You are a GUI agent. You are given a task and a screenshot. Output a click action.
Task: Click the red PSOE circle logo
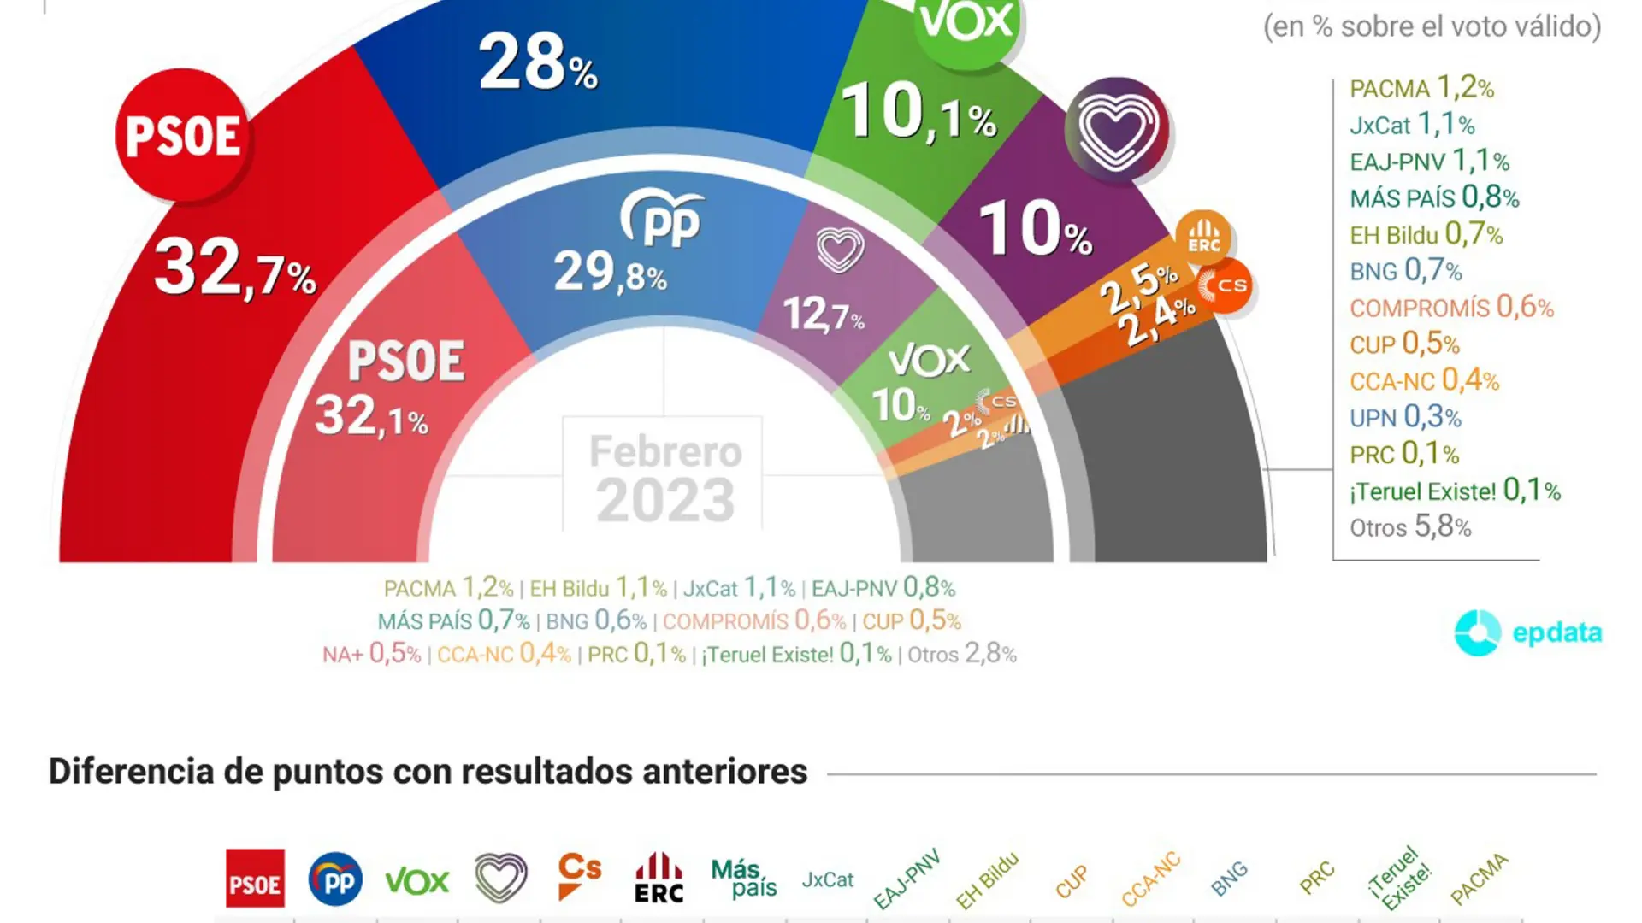[183, 135]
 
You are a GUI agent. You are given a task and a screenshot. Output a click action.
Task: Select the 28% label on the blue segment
[537, 62]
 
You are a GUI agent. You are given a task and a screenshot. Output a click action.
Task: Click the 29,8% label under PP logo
[610, 273]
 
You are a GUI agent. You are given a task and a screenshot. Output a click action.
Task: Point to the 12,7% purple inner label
[823, 315]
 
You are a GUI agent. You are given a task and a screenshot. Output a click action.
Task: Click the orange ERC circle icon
[1203, 237]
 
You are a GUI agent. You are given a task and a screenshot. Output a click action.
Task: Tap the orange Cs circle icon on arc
[1225, 286]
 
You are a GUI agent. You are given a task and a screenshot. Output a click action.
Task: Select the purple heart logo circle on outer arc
[1117, 128]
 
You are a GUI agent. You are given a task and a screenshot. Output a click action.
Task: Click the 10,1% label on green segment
[919, 113]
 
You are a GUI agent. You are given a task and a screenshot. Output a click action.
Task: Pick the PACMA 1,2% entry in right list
[1421, 88]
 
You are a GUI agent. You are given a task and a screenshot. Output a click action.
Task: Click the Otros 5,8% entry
[1410, 527]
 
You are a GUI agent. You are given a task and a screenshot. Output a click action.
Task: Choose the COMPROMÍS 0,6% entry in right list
[1451, 308]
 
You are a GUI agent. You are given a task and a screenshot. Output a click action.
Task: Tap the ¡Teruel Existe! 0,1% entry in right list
[1455, 491]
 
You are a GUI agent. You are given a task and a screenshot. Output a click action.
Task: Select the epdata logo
[1527, 632]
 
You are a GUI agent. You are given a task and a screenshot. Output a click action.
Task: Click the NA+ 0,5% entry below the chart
[371, 655]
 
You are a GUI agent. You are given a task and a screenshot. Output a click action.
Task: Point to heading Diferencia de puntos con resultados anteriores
[428, 771]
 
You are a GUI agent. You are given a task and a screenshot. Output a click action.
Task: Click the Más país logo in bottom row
[743, 879]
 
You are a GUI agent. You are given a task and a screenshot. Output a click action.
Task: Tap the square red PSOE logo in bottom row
[255, 879]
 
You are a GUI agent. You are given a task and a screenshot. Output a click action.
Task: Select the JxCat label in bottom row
[827, 879]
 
